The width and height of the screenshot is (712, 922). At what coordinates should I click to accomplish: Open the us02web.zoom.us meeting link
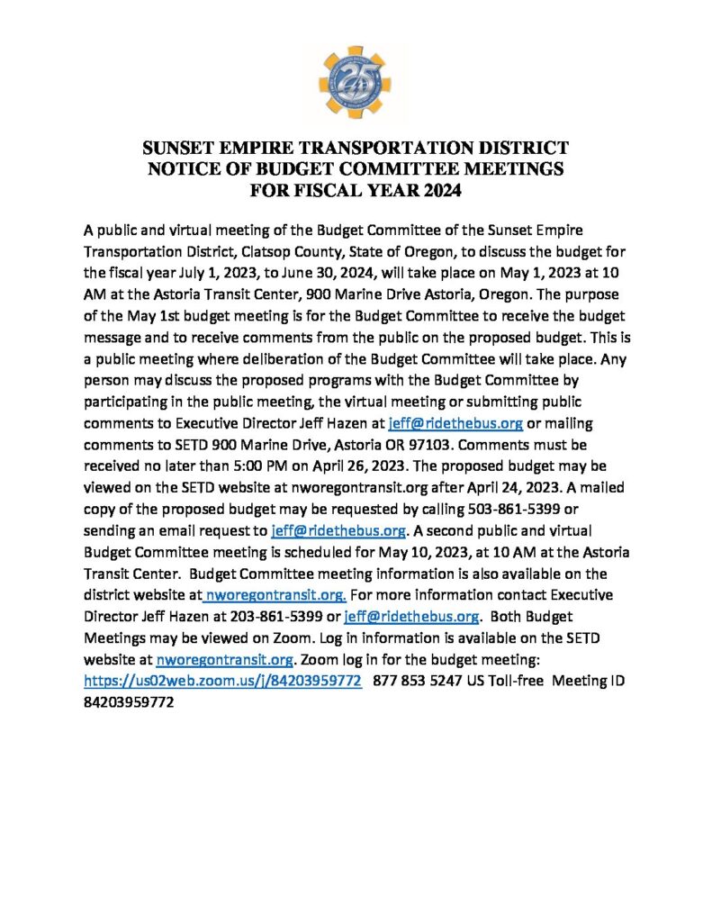coord(223,682)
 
